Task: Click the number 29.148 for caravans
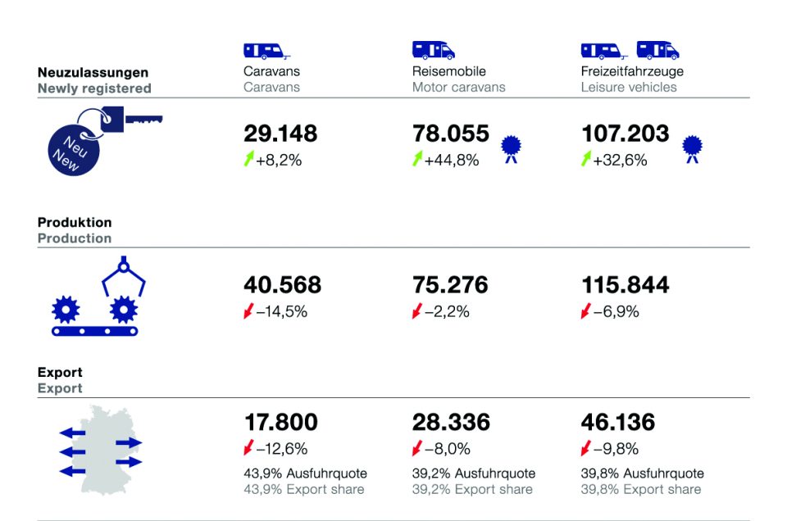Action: pos(280,134)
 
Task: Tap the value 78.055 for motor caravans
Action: pos(450,134)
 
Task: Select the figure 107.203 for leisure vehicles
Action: pos(625,134)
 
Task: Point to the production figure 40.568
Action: pos(282,285)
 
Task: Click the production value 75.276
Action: pos(450,285)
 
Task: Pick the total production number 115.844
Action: pos(625,285)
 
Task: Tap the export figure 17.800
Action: pos(280,423)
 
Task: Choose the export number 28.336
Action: pos(450,423)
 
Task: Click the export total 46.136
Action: pos(618,423)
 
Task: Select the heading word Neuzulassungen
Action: pos(93,72)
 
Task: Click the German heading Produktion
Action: pos(75,223)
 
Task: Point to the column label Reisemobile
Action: pos(448,71)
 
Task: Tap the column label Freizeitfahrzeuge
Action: pos(631,71)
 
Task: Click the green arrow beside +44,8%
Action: pos(416,160)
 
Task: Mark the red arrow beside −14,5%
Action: pos(248,311)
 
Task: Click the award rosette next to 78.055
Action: pos(512,148)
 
